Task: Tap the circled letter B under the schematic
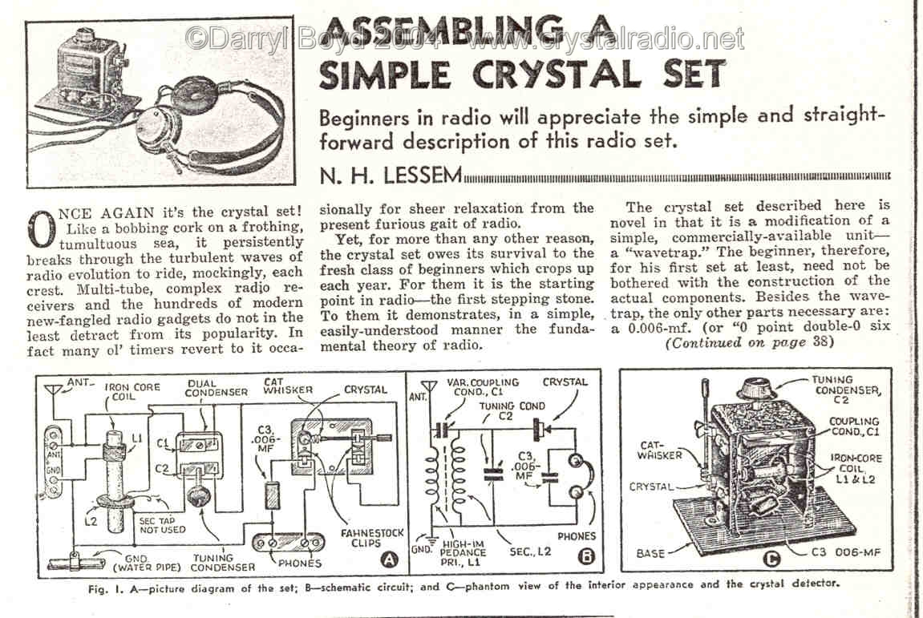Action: tap(586, 556)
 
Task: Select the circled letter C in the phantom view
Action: tap(771, 559)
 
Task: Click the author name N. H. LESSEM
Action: tap(391, 176)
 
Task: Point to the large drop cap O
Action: tap(42, 229)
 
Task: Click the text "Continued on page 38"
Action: tap(749, 342)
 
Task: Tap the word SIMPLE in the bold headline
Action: tap(386, 75)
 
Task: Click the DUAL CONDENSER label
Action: tap(216, 387)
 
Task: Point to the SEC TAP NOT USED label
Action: tap(162, 525)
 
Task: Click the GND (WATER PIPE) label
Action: tap(147, 563)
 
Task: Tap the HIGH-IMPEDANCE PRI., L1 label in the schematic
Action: tap(464, 552)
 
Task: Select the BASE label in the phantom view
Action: tap(650, 553)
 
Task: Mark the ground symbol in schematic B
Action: tap(431, 539)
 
